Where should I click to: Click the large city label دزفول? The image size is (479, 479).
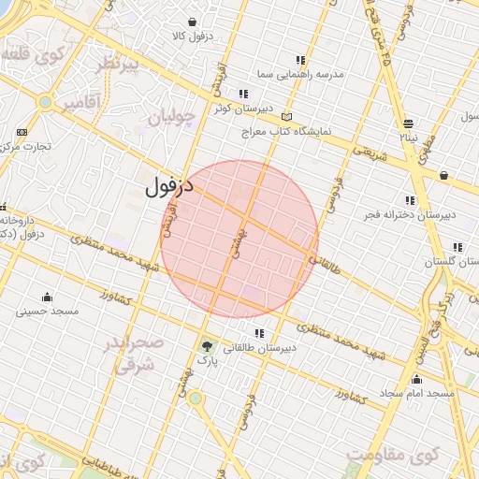(x=169, y=186)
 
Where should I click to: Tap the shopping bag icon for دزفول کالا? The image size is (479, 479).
(x=192, y=22)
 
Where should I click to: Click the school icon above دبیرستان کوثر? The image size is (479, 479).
(x=243, y=94)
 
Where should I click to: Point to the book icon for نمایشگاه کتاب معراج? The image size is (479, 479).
(x=286, y=117)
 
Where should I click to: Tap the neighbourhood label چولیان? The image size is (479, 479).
(x=171, y=118)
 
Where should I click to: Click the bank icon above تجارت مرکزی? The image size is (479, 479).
(x=22, y=132)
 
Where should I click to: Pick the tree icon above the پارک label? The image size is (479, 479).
(x=205, y=345)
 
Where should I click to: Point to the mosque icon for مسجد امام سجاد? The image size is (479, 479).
(x=416, y=379)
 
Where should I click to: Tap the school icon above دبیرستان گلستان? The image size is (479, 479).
(x=457, y=248)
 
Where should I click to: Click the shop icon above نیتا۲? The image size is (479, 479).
(x=408, y=123)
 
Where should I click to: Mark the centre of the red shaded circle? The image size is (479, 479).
(x=239, y=239)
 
